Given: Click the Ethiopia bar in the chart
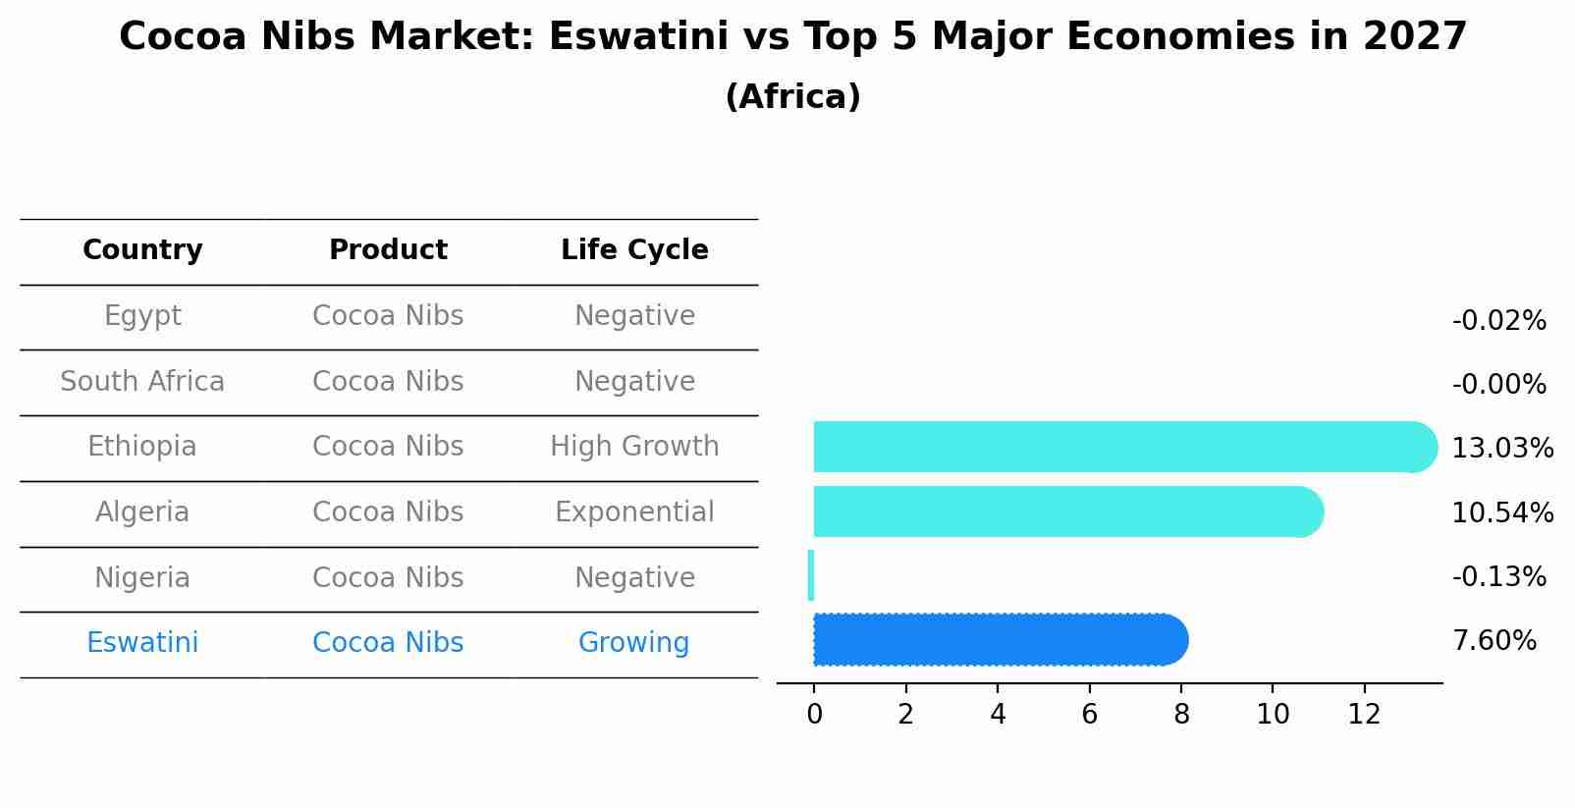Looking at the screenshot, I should click(1119, 447).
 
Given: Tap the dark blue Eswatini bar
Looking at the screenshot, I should click(997, 640).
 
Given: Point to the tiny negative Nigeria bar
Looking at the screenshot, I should click(811, 575).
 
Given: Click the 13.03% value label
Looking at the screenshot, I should click(1501, 449).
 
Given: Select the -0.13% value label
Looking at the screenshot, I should click(1498, 577).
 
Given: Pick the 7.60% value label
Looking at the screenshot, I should click(1494, 641).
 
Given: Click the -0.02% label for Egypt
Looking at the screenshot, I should click(1498, 321).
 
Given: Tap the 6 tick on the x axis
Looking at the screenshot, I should click(1089, 715).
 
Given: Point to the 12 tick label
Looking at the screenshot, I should click(1364, 715).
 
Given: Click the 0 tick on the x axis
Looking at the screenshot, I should click(814, 715).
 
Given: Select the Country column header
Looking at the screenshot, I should click(142, 250).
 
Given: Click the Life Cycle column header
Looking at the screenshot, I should click(634, 250).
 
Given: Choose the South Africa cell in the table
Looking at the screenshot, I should click(142, 382).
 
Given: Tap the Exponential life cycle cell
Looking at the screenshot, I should click(634, 512).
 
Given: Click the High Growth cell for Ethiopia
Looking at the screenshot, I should click(634, 447).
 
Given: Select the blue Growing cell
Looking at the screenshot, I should click(633, 643).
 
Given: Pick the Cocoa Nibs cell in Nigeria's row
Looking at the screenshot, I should click(388, 578).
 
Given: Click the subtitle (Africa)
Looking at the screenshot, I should click(792, 97).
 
